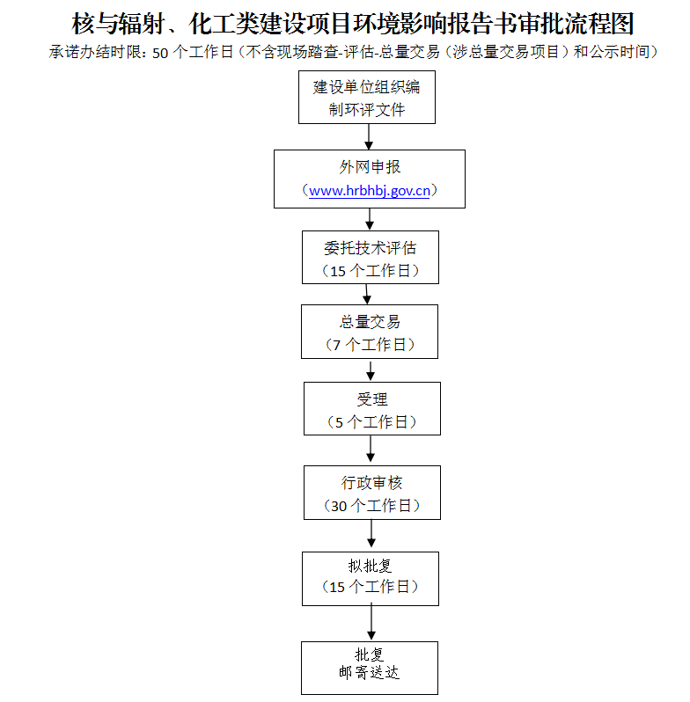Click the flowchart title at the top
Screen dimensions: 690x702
coord(353,23)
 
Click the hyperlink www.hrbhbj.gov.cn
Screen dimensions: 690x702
coord(370,191)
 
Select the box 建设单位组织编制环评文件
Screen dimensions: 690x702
coord(367,97)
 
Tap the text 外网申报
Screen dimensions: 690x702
coord(370,167)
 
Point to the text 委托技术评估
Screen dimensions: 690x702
coord(371,248)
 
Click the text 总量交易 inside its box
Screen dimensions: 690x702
coord(370,322)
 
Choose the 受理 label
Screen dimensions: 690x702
coord(372,399)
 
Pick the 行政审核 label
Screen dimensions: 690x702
coord(372,483)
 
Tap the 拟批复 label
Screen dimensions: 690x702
coord(371,566)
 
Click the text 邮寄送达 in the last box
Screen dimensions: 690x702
coord(369,672)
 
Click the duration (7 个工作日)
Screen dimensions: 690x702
coord(370,345)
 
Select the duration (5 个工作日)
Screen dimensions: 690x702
coord(372,422)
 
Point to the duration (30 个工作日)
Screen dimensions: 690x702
coord(372,506)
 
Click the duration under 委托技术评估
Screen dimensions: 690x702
coord(371,271)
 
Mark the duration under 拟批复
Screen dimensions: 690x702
coord(371,587)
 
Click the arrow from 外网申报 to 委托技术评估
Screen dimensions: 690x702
coord(370,219)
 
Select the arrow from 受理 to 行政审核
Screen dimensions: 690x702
coord(371,449)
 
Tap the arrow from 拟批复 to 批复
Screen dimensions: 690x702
coord(371,623)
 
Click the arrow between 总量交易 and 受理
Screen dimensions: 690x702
coord(371,370)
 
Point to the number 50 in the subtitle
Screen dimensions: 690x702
coord(160,53)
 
